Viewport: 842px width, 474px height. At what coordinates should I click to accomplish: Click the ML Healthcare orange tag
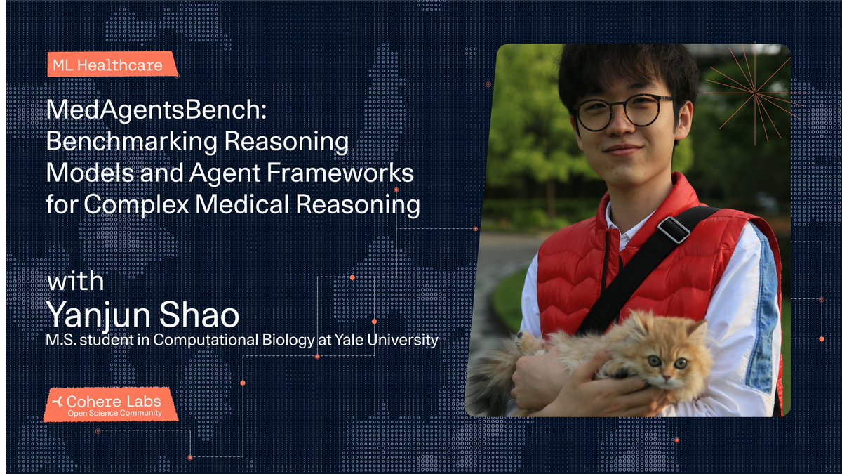pos(107,66)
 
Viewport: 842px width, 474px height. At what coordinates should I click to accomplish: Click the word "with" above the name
pos(75,282)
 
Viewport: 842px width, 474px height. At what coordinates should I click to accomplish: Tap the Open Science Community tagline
pos(114,414)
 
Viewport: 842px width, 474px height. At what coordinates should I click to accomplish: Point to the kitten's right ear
pos(696,329)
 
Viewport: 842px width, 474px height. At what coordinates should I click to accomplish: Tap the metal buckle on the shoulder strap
pos(674,230)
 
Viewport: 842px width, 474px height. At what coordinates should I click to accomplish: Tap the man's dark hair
pos(617,67)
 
